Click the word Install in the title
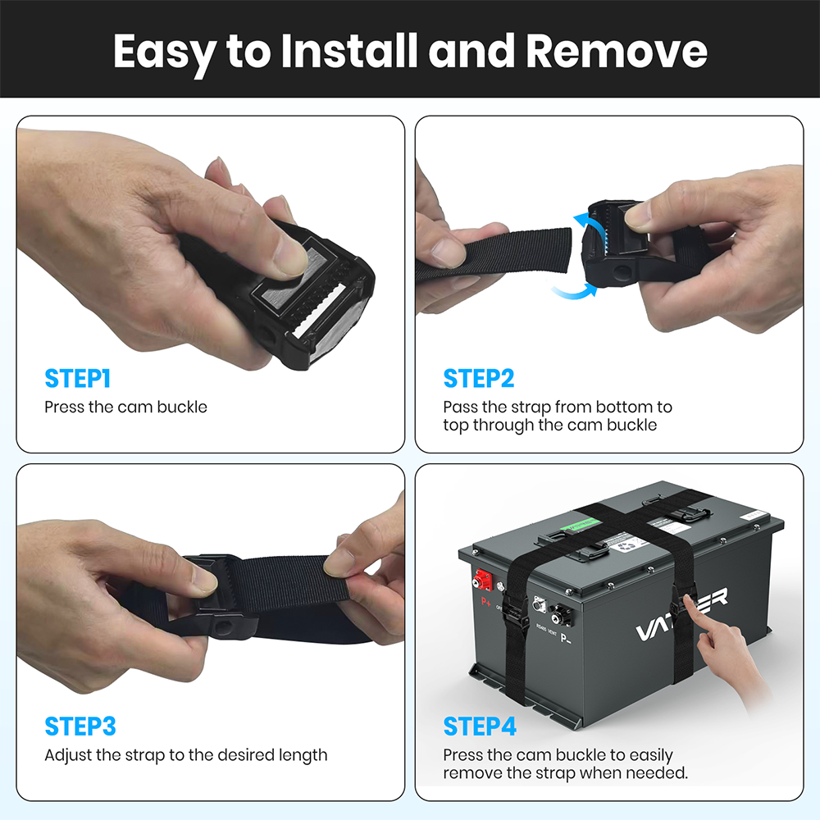[348, 51]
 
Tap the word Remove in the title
[616, 51]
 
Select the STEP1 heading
[77, 379]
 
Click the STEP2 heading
[478, 379]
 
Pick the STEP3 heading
[80, 727]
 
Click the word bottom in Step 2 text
[626, 407]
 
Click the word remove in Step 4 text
[469, 773]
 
